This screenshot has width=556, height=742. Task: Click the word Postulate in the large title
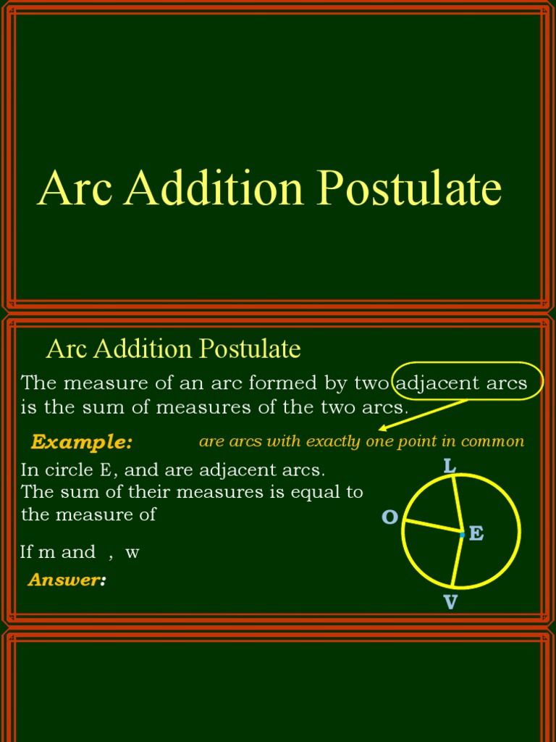click(x=410, y=188)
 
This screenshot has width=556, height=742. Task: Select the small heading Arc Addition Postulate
click(x=173, y=349)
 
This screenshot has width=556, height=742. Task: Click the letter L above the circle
click(x=450, y=466)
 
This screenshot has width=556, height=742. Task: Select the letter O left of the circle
click(x=389, y=517)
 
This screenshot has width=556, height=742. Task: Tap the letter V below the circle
click(x=450, y=602)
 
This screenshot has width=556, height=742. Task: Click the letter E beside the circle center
click(x=476, y=534)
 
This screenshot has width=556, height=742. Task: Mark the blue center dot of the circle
click(x=462, y=534)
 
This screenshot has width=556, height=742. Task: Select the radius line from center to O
click(x=433, y=528)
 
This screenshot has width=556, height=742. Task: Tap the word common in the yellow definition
click(x=496, y=441)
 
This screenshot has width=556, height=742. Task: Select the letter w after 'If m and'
click(x=132, y=552)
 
